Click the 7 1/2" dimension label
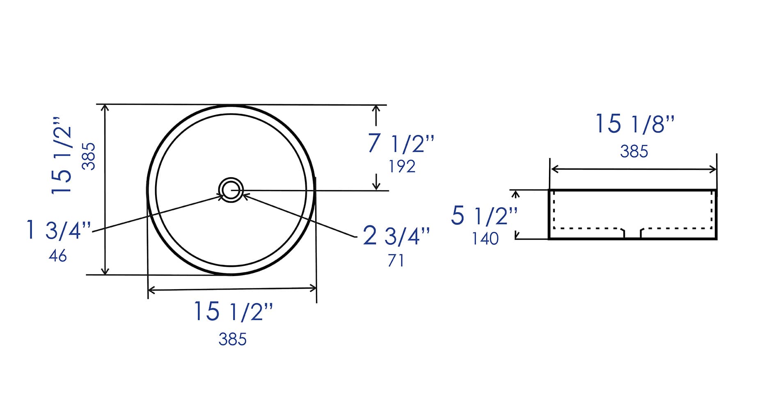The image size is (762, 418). click(400, 144)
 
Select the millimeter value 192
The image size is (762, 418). click(402, 167)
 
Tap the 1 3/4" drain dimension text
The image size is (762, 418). click(58, 230)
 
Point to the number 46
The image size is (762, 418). click(57, 256)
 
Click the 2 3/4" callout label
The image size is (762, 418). click(396, 236)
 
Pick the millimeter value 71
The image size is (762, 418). click(396, 260)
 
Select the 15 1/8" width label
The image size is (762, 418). click(634, 124)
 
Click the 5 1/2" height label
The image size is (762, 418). click(484, 216)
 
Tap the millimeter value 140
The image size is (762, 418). click(485, 239)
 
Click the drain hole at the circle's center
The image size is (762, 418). click(231, 190)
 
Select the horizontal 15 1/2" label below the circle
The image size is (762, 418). click(233, 312)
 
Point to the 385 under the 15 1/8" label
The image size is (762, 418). click(634, 151)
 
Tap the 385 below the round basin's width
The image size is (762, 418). click(232, 339)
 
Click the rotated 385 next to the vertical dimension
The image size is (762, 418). click(89, 156)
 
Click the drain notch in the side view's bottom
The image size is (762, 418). click(632, 234)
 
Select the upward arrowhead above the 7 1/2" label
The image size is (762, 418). click(376, 109)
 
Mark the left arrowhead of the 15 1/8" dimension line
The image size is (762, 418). click(554, 169)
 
